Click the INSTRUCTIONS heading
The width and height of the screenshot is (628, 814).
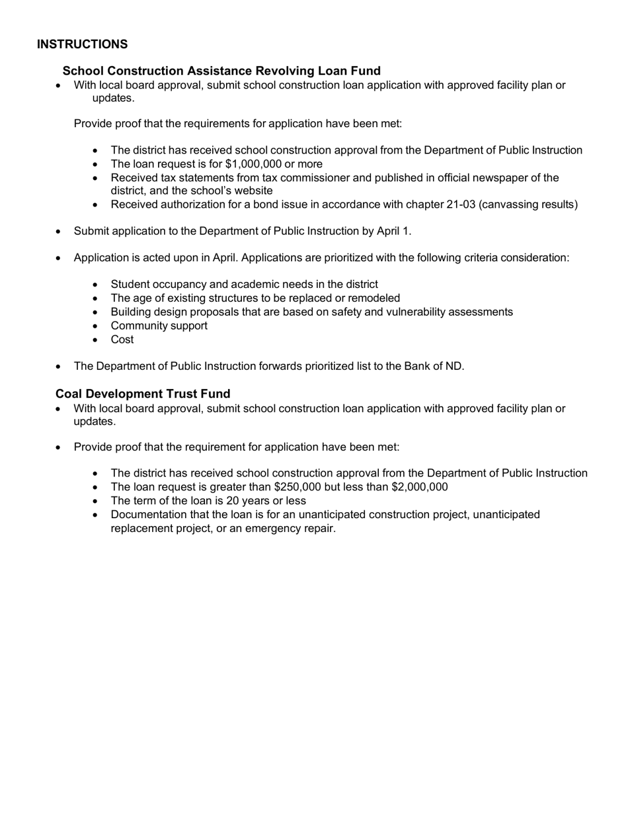(x=83, y=44)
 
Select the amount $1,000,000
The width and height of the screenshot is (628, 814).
(x=256, y=164)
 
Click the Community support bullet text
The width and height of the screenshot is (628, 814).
(x=159, y=326)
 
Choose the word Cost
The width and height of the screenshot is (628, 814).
(x=122, y=339)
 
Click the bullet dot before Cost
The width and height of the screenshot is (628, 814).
(x=97, y=340)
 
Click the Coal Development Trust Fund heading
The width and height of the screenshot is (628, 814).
(x=143, y=394)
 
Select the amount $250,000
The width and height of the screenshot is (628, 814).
(x=297, y=487)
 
